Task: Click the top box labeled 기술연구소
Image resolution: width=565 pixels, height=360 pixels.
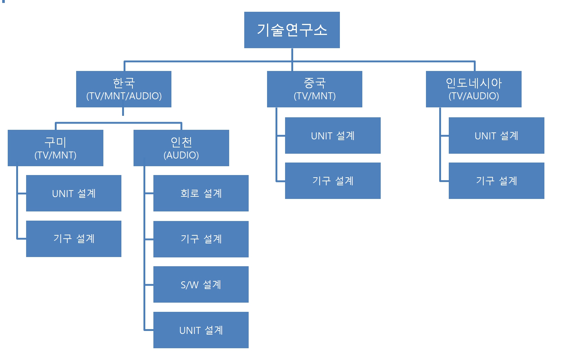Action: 292,30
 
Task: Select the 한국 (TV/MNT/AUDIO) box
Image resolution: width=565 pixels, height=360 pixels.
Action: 124,89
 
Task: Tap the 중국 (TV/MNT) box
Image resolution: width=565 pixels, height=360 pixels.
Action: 315,89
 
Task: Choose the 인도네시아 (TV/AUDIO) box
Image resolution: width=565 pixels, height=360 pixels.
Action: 473,89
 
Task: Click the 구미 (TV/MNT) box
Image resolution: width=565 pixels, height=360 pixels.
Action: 55,148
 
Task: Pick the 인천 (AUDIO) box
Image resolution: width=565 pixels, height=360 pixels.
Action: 181,148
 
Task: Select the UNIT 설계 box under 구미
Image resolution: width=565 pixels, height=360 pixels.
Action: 74,193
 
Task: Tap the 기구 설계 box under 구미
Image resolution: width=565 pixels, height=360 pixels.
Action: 74,239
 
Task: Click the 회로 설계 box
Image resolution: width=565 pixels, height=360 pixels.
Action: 201,193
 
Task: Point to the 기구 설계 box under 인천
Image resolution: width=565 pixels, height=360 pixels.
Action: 201,239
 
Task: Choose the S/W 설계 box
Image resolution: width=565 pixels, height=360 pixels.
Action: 201,284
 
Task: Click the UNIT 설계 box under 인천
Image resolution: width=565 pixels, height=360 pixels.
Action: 201,330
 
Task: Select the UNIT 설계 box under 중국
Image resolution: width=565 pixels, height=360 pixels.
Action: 333,135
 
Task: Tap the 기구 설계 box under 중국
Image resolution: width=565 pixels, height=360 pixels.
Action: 333,181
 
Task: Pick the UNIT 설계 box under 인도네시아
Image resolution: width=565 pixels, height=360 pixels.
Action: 496,135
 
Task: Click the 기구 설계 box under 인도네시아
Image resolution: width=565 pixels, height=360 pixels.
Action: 496,181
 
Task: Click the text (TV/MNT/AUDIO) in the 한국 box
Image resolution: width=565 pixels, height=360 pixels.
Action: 124,96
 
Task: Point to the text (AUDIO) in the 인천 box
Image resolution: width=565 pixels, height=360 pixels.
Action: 181,155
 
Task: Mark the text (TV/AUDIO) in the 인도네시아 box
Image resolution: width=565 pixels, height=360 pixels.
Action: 474,96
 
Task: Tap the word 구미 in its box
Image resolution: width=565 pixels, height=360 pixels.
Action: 55,142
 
